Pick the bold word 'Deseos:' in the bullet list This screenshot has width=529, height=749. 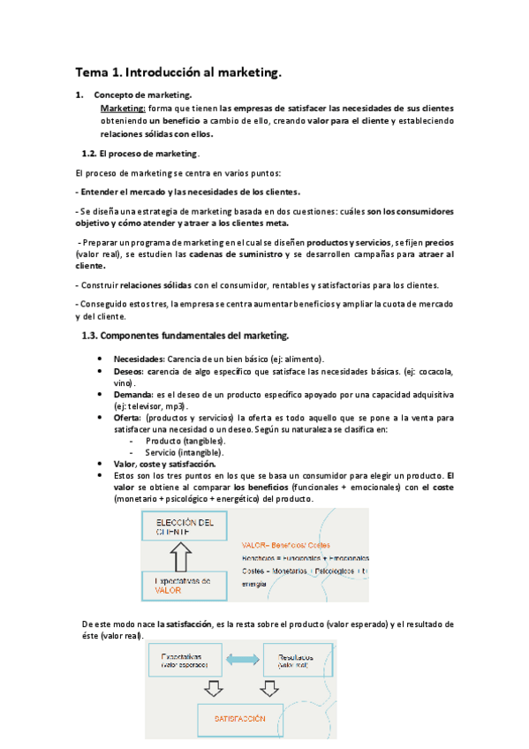129,372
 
